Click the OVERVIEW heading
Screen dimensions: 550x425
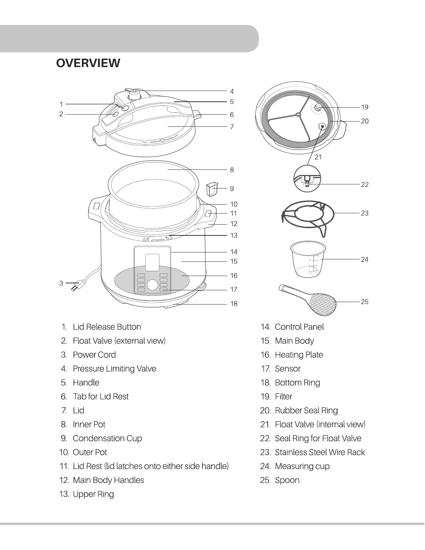point(88,63)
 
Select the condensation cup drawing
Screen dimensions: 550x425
point(211,189)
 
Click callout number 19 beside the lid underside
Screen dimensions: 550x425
point(365,107)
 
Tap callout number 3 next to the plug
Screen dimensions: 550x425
point(61,283)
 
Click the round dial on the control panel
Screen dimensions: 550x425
point(152,285)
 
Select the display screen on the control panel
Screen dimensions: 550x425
point(152,262)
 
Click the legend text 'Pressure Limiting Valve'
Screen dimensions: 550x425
point(114,369)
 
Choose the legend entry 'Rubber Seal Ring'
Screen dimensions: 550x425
point(306,410)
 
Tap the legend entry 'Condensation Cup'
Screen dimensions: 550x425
point(107,438)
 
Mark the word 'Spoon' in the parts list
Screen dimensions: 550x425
point(287,480)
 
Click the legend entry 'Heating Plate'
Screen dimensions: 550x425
point(299,355)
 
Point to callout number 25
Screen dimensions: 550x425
point(365,302)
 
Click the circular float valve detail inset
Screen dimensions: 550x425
point(307,178)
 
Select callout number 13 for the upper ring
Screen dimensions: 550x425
point(234,235)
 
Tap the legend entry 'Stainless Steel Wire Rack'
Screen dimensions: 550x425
point(320,452)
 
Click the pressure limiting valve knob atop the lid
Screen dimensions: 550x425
point(134,93)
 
